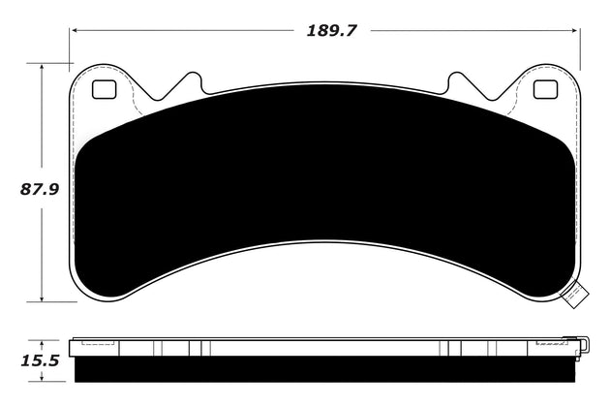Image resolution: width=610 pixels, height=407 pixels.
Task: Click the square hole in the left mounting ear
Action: click(x=102, y=90)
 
